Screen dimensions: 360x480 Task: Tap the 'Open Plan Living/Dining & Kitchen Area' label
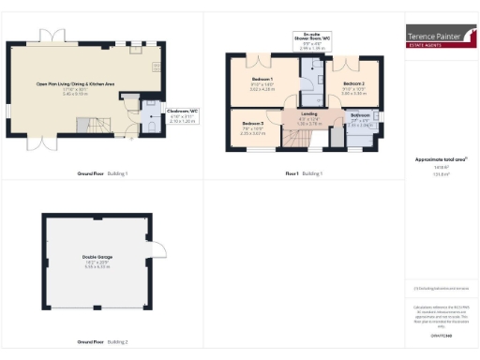tap(75, 84)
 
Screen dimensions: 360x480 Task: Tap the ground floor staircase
tap(91, 122)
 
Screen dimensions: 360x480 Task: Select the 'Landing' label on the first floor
tap(308, 113)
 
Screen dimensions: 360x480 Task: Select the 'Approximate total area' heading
tap(441, 160)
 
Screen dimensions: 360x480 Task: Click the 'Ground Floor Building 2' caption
tap(103, 343)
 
